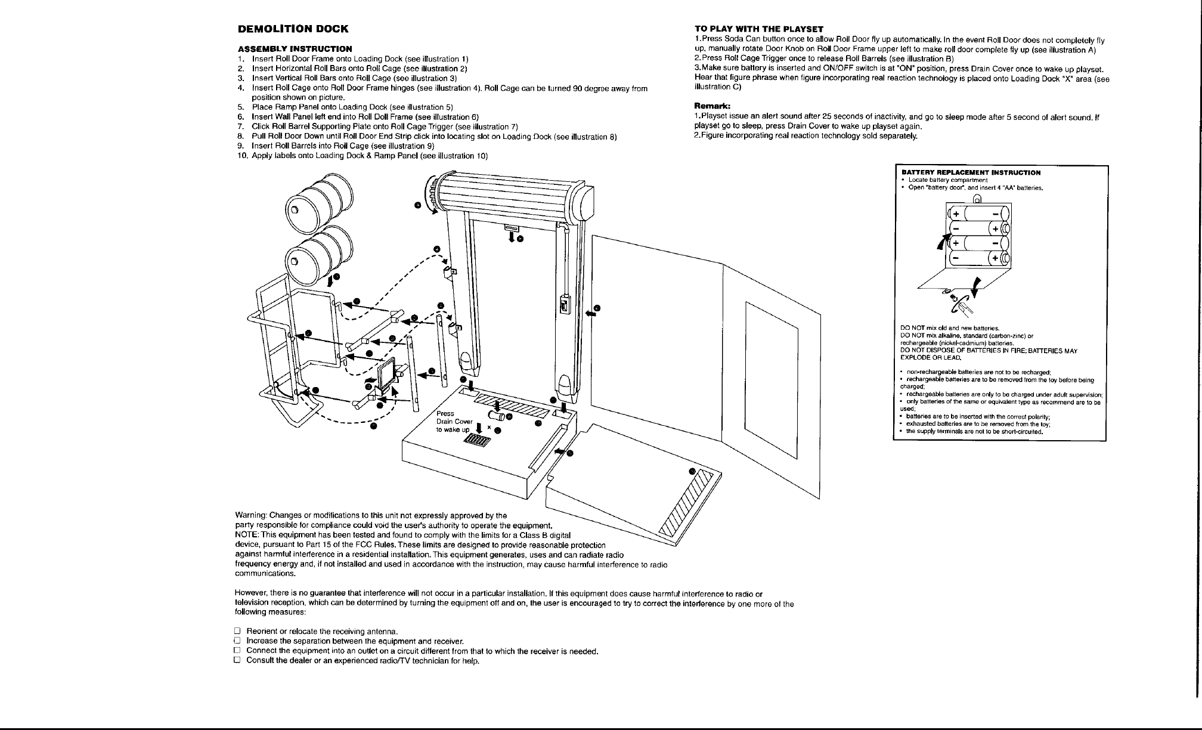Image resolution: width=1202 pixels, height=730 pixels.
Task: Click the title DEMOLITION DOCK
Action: [x=293, y=29]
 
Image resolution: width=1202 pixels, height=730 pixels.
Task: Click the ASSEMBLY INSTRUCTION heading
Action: [x=295, y=48]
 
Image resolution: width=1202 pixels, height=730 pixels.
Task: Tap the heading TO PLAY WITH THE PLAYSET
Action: [x=759, y=29]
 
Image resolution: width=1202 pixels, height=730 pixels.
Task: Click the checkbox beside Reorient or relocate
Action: [x=237, y=631]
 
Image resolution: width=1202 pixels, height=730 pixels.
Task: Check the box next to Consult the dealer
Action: [x=237, y=660]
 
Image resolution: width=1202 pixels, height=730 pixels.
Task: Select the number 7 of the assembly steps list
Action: [x=240, y=126]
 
